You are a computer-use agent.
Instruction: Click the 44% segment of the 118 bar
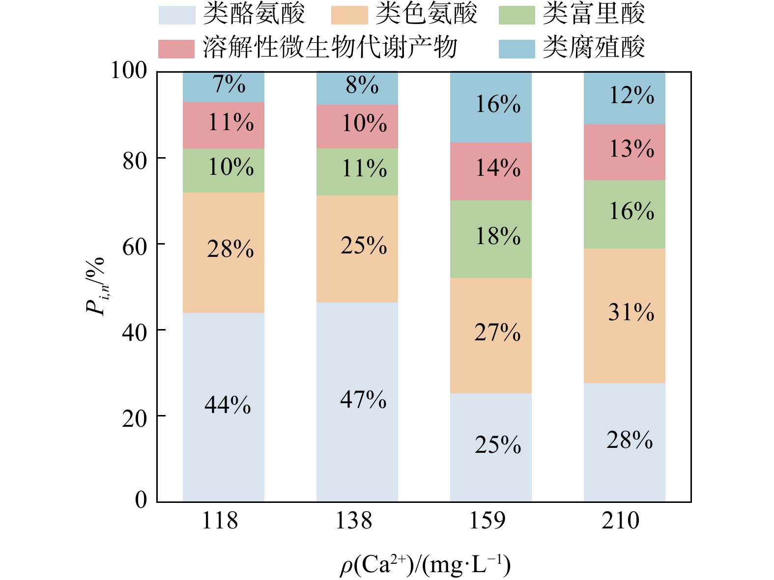223,407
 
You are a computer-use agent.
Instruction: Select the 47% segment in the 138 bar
357,401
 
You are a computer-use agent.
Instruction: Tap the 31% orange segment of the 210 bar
624,315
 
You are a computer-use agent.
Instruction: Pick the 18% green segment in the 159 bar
490,239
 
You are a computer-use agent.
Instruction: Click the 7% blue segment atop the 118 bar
223,86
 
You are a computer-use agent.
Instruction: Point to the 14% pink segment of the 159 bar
490,171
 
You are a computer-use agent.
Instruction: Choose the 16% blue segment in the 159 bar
490,107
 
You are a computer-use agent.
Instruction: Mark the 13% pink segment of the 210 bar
624,152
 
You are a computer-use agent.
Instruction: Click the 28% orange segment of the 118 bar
223,252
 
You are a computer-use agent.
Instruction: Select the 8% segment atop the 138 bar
357,87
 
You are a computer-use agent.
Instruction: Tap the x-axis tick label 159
487,521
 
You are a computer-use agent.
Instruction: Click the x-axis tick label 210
621,521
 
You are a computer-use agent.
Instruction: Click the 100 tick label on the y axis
129,71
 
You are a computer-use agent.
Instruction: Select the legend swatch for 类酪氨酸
176,15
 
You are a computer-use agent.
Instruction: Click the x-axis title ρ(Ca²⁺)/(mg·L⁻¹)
425,565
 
